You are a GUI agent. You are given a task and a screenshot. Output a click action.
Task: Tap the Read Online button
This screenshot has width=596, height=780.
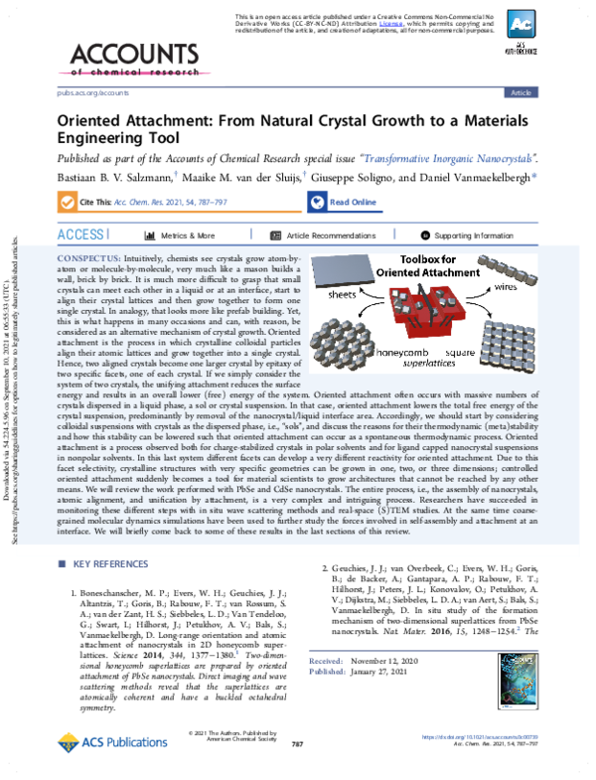coord(353,202)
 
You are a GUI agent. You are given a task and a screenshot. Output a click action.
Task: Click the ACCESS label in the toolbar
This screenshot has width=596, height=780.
coord(78,234)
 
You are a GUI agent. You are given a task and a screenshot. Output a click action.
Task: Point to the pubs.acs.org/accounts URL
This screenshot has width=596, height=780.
coord(76,92)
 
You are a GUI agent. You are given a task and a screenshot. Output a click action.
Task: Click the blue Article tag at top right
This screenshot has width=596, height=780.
coord(520,92)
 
